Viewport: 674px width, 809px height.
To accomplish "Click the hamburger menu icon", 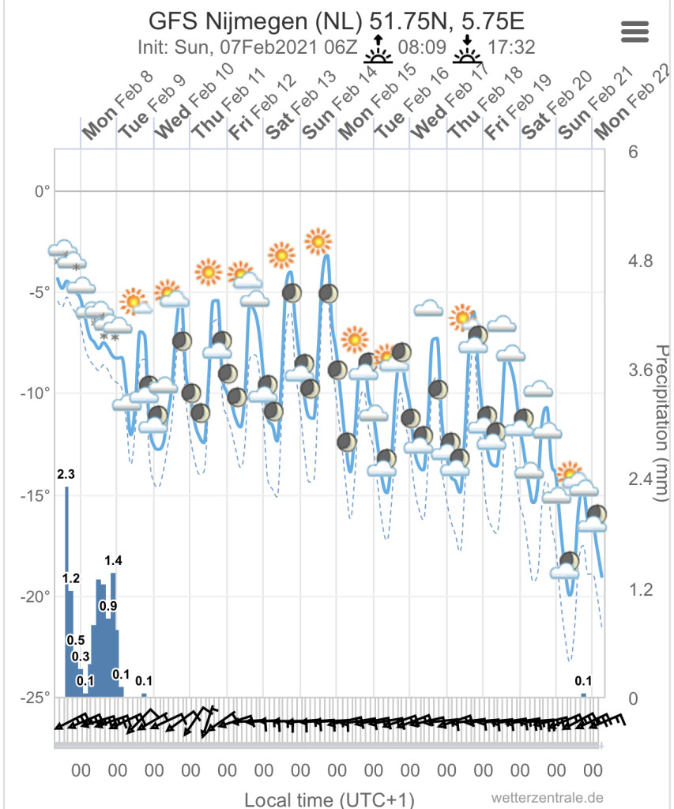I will (635, 32).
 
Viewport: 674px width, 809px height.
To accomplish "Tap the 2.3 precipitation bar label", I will (66, 475).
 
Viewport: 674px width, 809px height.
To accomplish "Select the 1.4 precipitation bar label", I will (113, 560).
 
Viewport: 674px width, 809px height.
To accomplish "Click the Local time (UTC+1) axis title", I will (329, 799).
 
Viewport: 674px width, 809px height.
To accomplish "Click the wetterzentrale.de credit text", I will (547, 798).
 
